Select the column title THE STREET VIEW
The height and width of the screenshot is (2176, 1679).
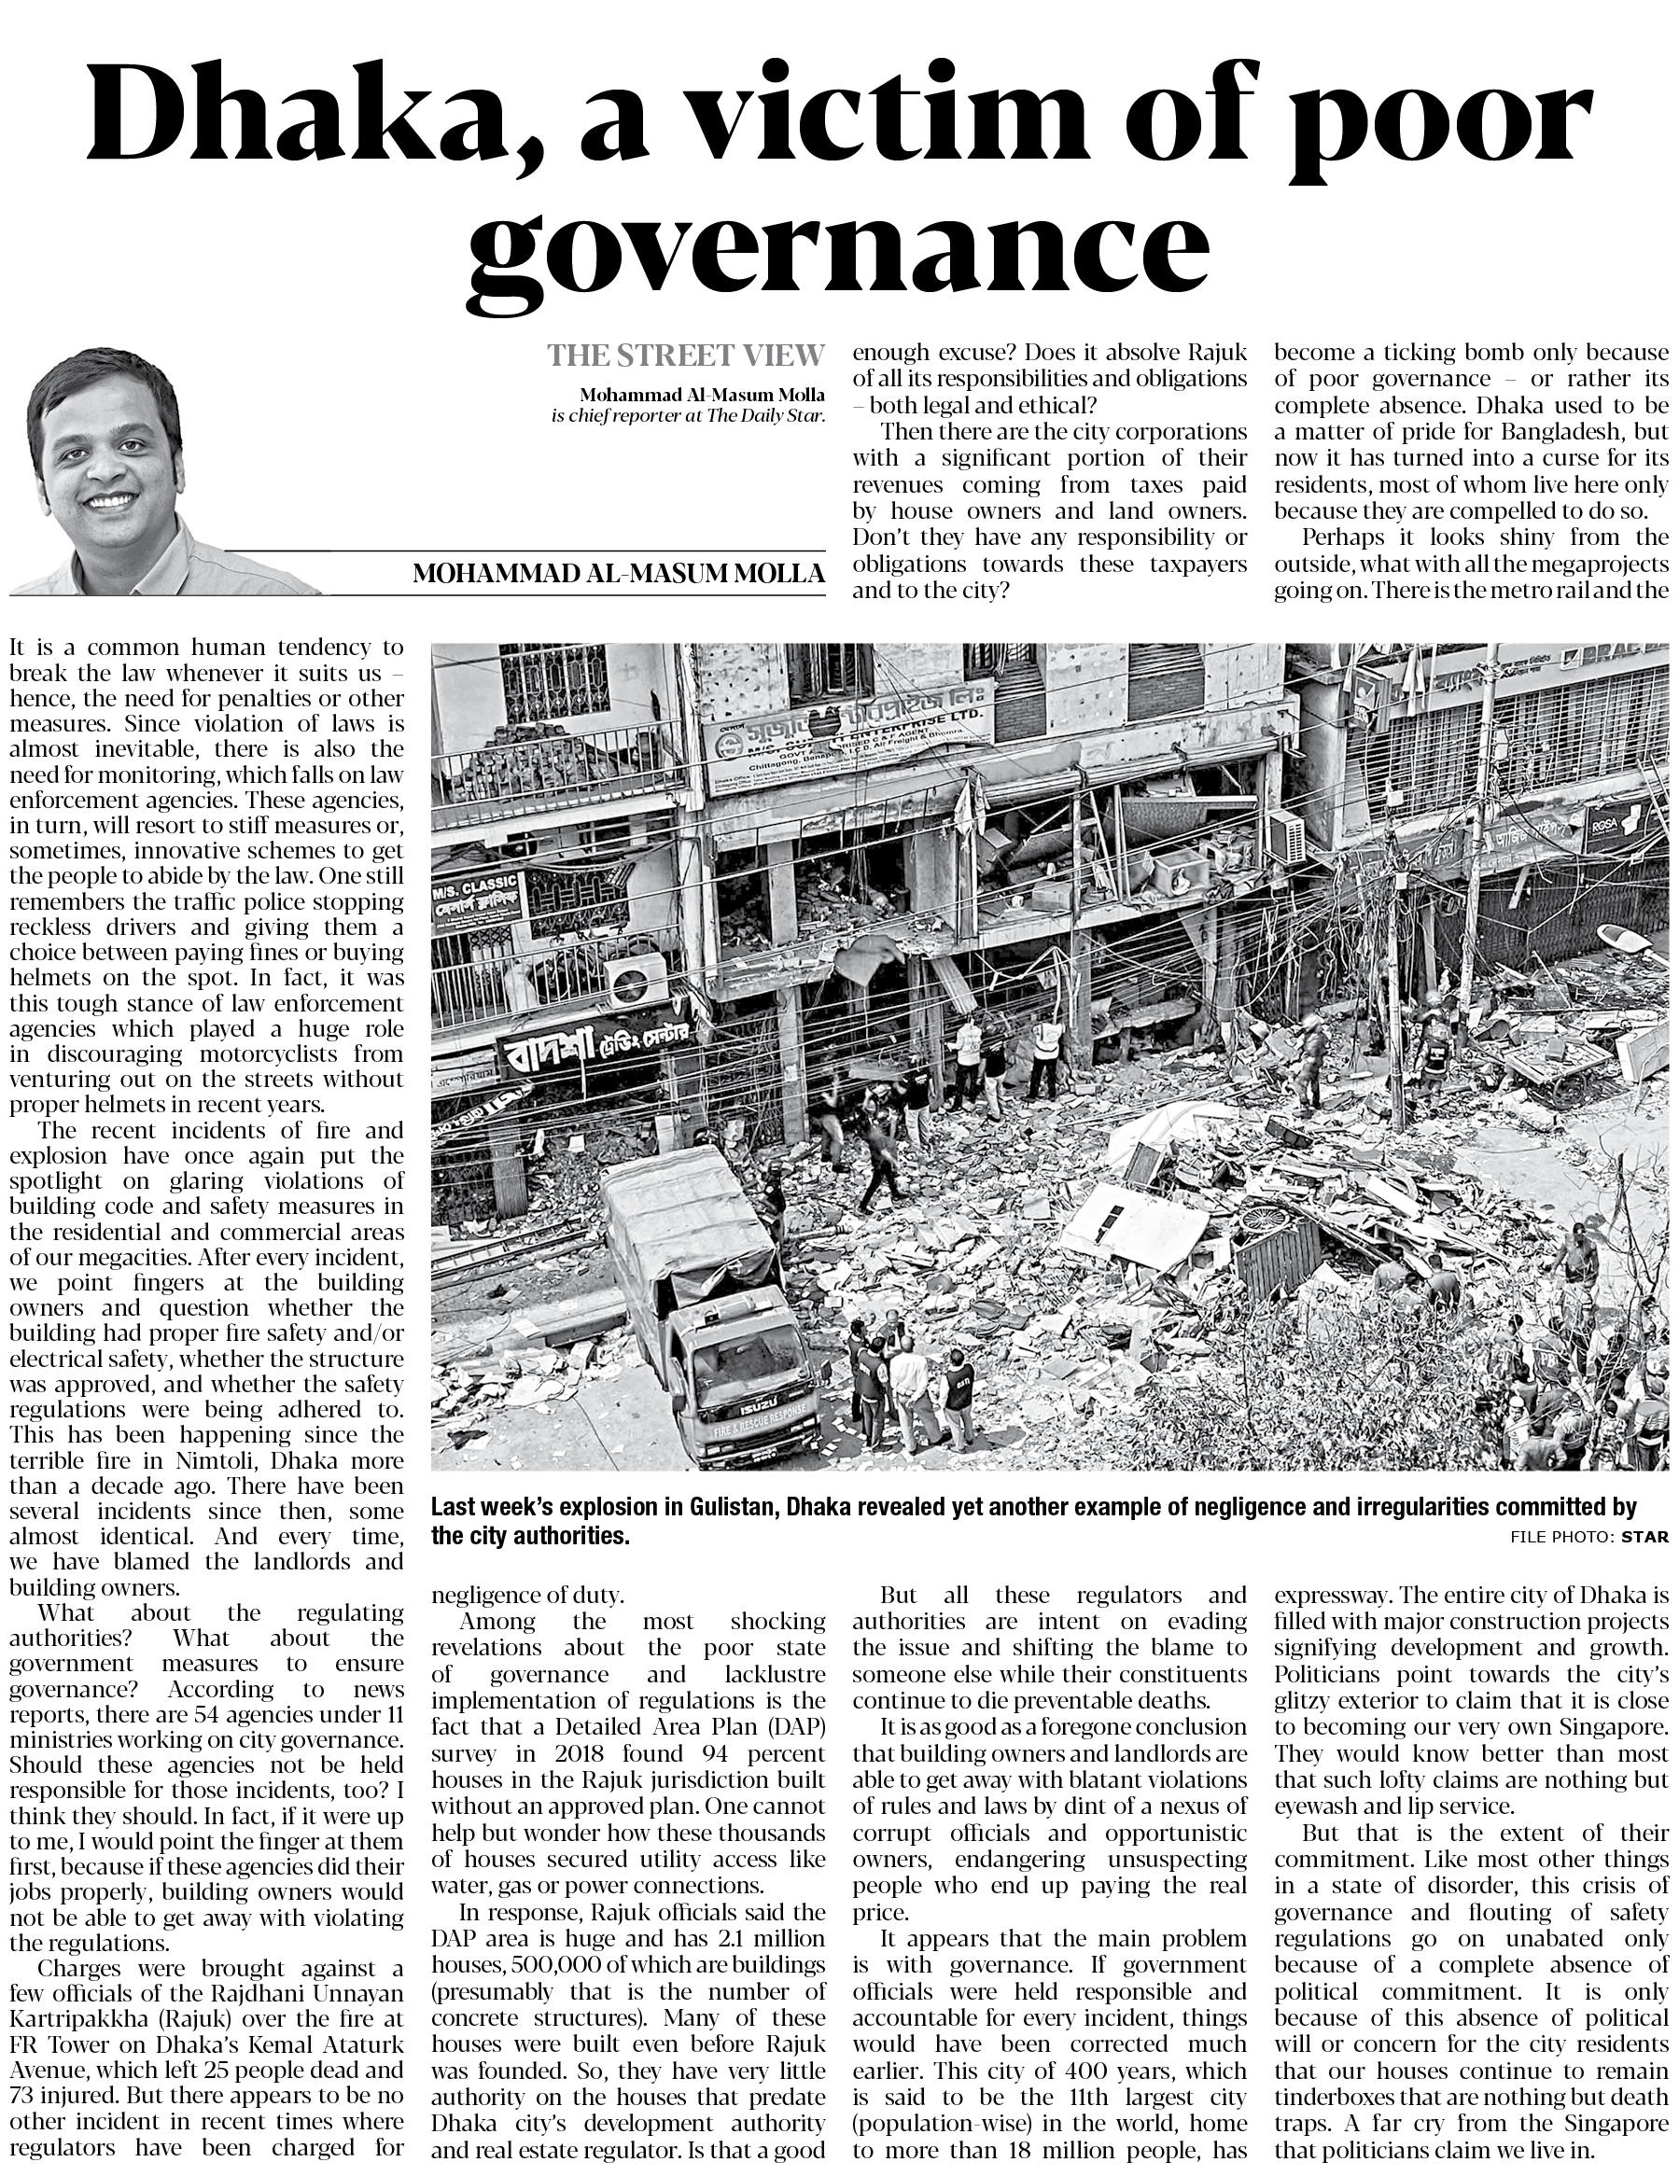coord(686,355)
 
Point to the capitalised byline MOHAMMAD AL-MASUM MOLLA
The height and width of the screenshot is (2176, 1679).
coord(618,574)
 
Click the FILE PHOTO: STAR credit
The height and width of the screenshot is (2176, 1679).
coord(1588,1535)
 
